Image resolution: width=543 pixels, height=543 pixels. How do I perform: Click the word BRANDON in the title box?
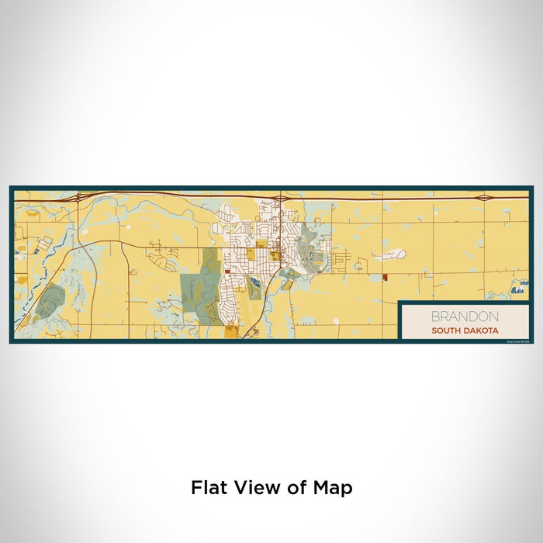pos(465,316)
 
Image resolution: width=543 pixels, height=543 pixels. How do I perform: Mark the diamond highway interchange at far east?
pos(485,198)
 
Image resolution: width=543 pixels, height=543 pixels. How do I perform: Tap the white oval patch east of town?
pos(394,254)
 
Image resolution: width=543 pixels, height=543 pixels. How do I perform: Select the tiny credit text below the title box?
pos(515,341)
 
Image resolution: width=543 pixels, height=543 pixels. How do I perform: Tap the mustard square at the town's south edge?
pos(232,331)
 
